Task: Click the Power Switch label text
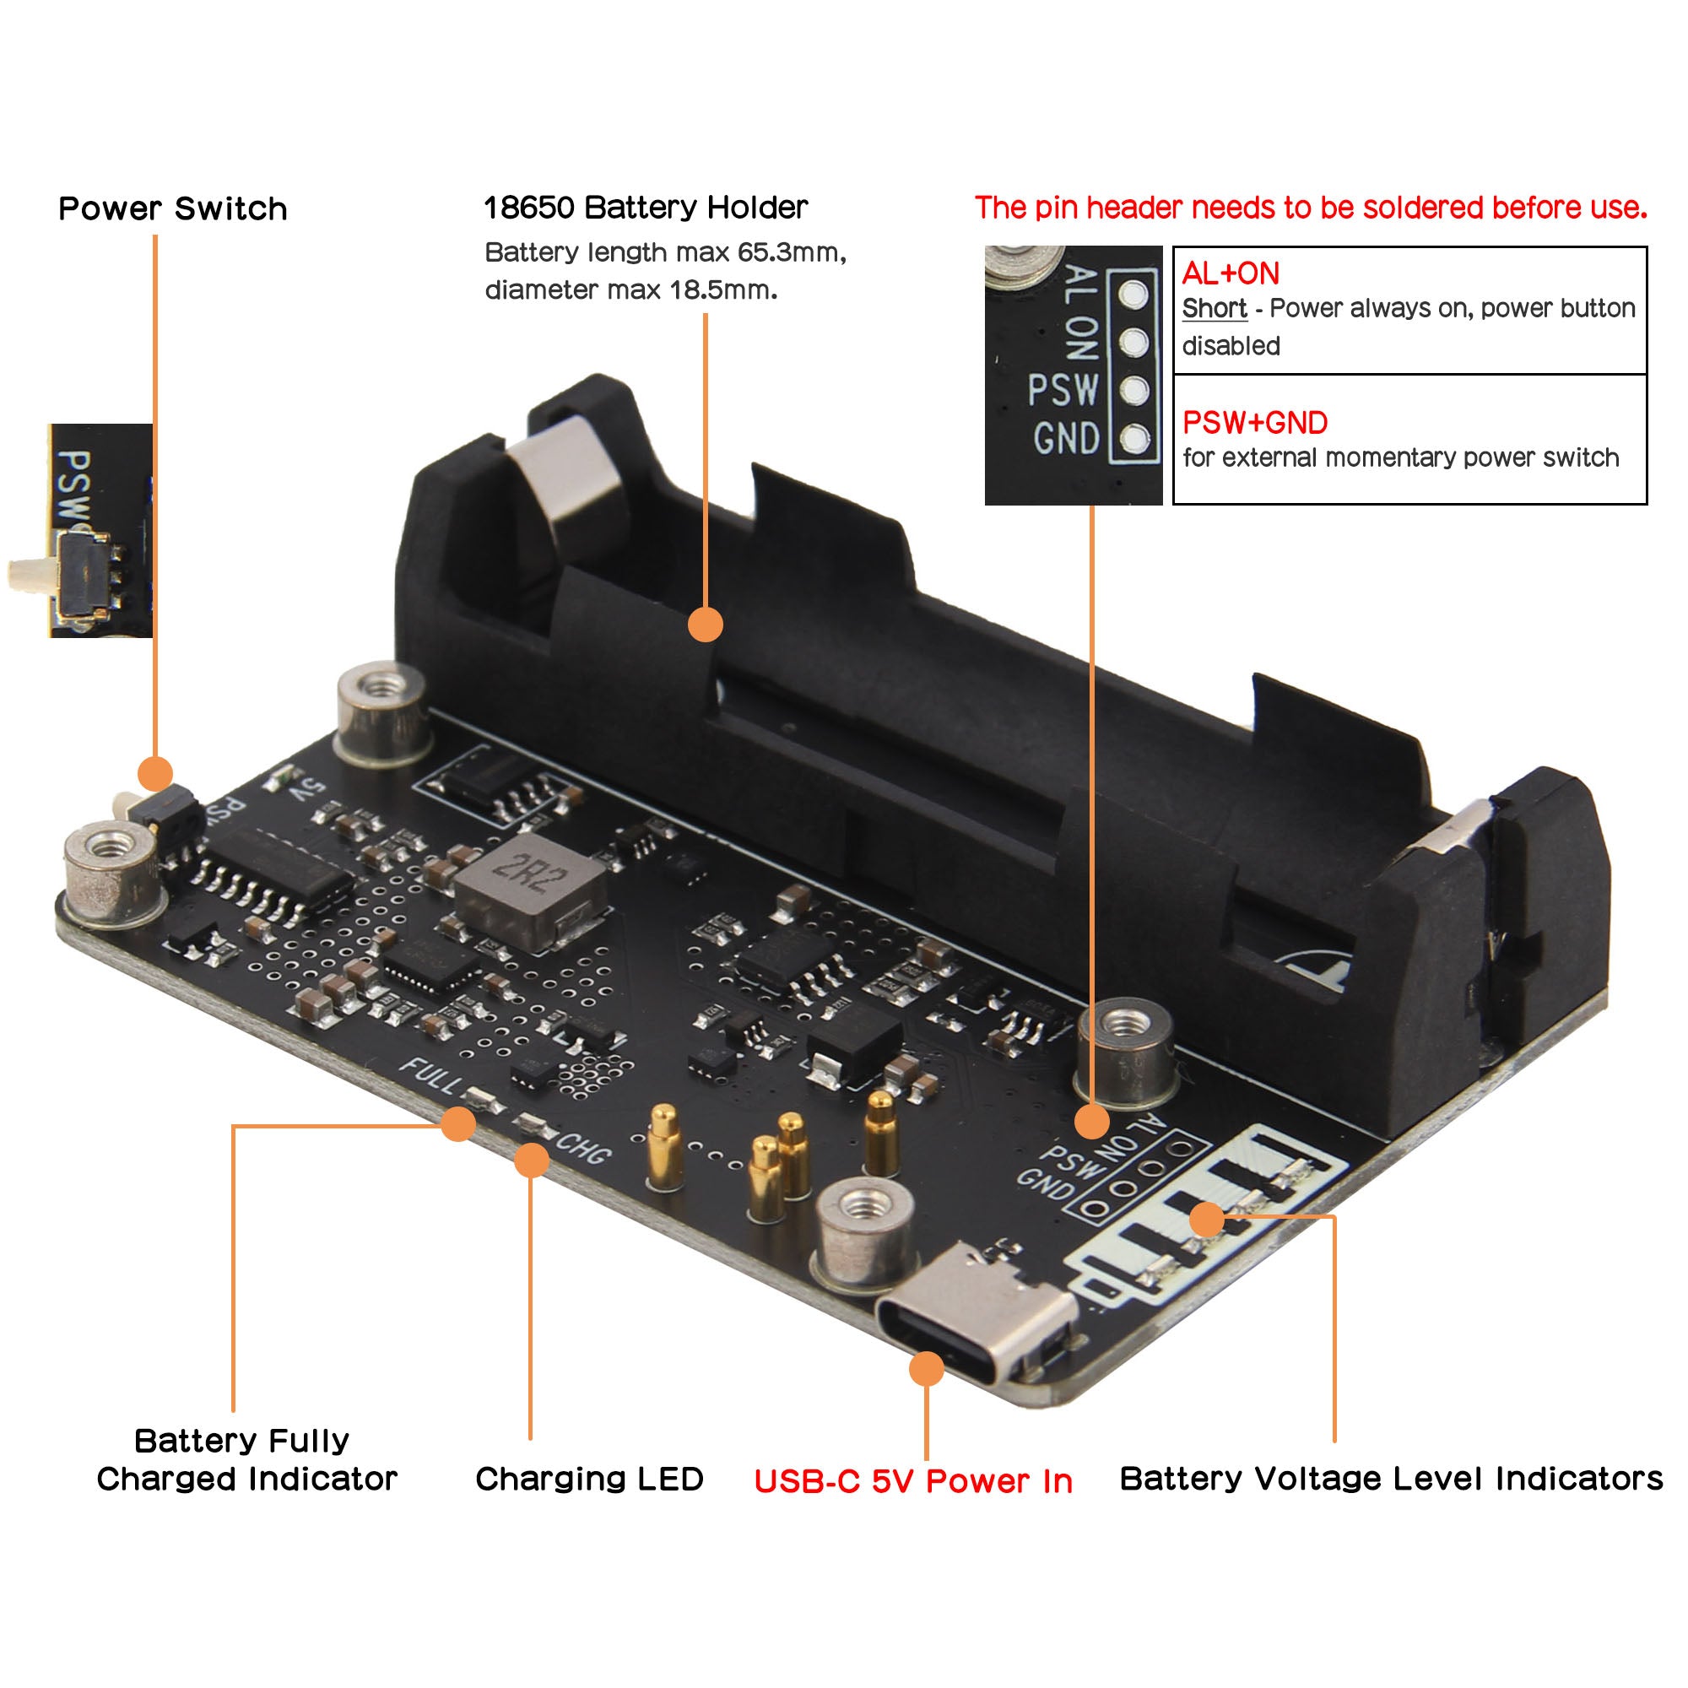172,208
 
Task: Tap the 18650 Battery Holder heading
645,208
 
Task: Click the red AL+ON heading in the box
1231,273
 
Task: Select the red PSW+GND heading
1255,423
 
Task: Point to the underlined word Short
1214,308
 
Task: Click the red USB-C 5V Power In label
913,1481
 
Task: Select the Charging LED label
589,1479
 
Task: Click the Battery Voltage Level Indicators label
1391,1479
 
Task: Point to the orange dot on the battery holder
705,625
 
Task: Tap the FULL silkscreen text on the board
429,1075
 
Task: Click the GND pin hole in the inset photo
1134,439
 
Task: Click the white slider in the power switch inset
30,573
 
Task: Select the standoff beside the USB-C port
865,1232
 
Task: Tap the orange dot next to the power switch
155,773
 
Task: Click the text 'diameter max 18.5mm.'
630,290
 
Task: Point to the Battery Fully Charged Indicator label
246,1460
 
